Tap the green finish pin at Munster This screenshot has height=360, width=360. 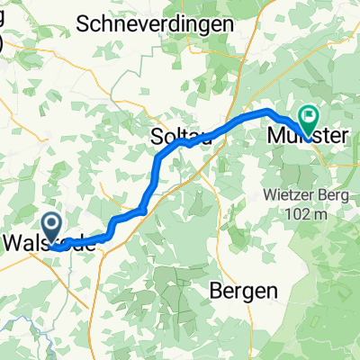[x=310, y=117]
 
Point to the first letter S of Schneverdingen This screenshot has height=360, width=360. [x=85, y=24]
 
